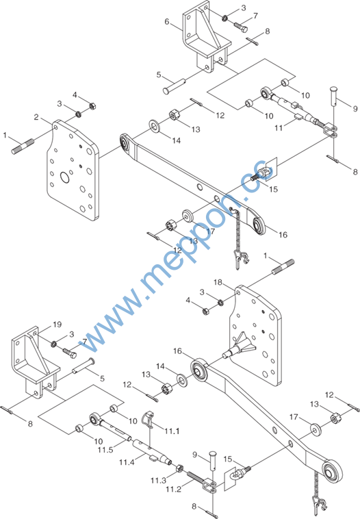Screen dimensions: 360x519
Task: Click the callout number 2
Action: pyautogui.click(x=36, y=117)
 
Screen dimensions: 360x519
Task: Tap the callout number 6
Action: pyautogui.click(x=167, y=22)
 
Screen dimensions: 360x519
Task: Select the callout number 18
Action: pyautogui.click(x=218, y=282)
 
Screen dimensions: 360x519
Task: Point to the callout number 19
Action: pyautogui.click(x=57, y=325)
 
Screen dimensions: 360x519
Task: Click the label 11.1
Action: pyautogui.click(x=172, y=431)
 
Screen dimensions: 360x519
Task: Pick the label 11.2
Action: pyautogui.click(x=174, y=489)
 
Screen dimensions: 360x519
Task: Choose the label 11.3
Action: pyautogui.click(x=159, y=480)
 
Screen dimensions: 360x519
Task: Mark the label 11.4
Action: pyautogui.click(x=127, y=461)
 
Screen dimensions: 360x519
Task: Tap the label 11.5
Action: pyautogui.click(x=105, y=450)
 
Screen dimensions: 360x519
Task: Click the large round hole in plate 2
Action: pyautogui.click(x=65, y=177)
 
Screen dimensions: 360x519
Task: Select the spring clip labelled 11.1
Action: pyautogui.click(x=148, y=419)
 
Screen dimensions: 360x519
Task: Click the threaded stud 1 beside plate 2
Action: pyautogui.click(x=23, y=147)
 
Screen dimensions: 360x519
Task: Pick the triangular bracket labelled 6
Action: pyautogui.click(x=206, y=37)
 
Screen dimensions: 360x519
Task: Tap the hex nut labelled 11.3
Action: pyautogui.click(x=179, y=468)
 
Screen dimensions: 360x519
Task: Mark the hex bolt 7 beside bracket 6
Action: pyautogui.click(x=241, y=27)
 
